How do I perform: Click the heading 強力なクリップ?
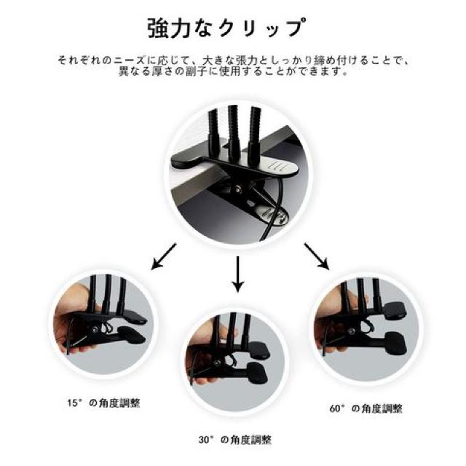226,28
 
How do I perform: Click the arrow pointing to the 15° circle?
164,256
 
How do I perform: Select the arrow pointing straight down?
237,274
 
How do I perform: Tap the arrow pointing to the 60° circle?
317,256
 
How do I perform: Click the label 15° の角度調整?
103,403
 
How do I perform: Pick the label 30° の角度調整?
235,440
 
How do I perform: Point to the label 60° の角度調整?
366,408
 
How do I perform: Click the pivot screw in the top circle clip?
238,188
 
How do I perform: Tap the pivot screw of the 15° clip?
95,329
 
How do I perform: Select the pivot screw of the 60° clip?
352,331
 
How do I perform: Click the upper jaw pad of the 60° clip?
395,311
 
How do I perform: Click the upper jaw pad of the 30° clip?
259,350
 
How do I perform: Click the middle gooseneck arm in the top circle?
234,131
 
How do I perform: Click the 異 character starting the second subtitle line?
123,72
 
